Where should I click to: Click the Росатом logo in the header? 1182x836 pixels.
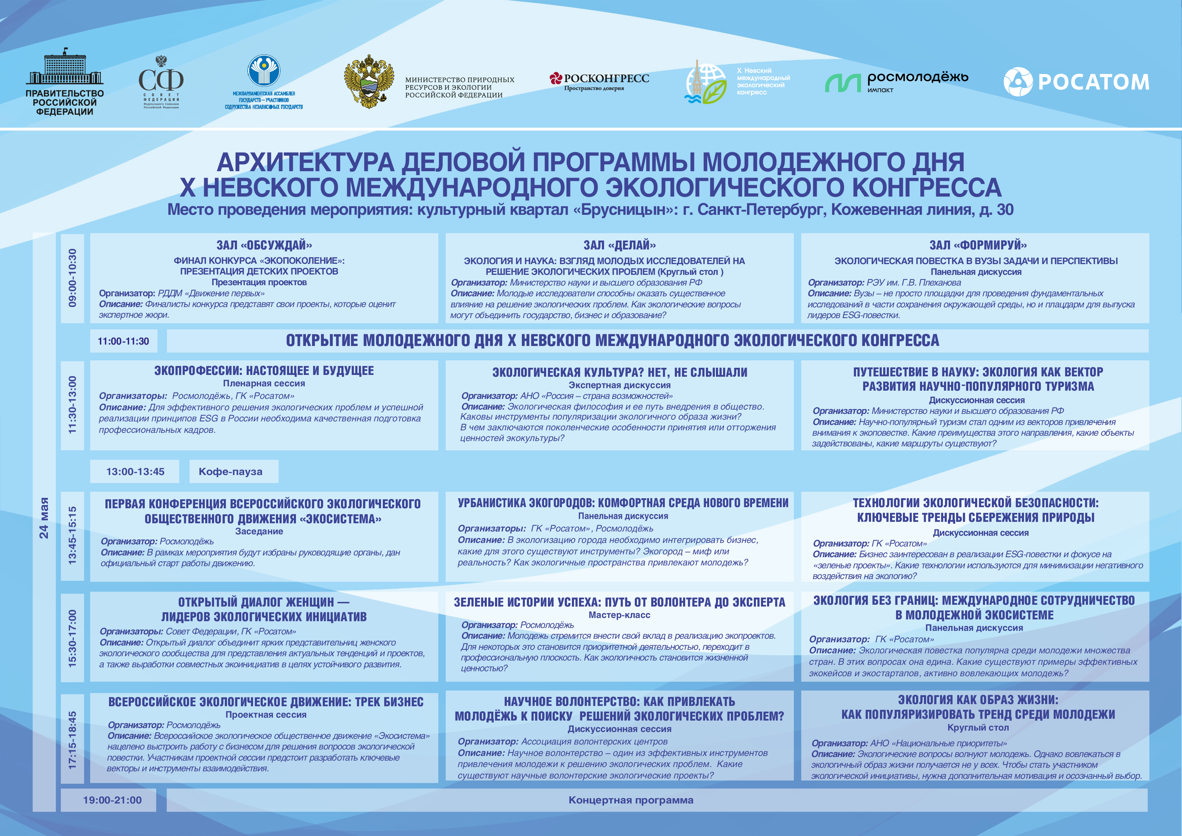pyautogui.click(x=1076, y=82)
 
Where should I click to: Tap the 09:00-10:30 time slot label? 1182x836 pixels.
pyautogui.click(x=72, y=278)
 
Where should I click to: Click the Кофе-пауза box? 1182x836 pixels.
pyautogui.click(x=231, y=471)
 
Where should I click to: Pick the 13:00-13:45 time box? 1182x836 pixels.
pyautogui.click(x=135, y=471)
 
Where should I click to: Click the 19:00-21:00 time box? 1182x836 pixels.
pyautogui.click(x=112, y=800)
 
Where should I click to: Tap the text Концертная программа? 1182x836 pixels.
pyautogui.click(x=630, y=800)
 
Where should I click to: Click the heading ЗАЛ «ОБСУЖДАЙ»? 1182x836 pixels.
pyautogui.click(x=263, y=246)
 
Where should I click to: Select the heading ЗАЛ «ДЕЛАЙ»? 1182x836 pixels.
pyautogui.click(x=619, y=246)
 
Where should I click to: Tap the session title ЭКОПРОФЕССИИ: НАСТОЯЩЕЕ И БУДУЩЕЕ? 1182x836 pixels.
pyautogui.click(x=263, y=371)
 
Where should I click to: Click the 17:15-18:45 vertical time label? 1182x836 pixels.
pyautogui.click(x=72, y=740)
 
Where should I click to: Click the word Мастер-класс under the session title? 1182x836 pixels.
pyautogui.click(x=619, y=615)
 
